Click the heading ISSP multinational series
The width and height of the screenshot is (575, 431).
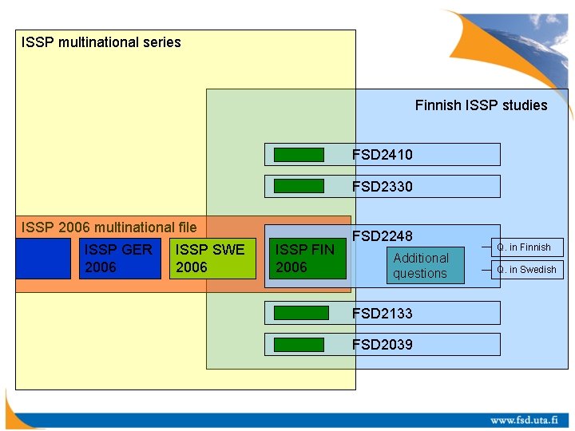(x=101, y=42)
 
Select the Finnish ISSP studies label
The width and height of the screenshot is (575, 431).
(x=481, y=105)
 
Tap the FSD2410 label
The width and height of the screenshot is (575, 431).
(x=382, y=154)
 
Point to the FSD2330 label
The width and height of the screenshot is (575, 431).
(x=382, y=186)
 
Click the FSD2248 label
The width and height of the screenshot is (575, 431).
(x=382, y=236)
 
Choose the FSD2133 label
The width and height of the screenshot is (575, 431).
(x=382, y=313)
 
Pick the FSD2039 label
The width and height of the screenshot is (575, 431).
(x=382, y=344)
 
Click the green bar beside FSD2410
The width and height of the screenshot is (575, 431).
(x=299, y=155)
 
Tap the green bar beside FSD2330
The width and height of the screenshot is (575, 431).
(x=299, y=186)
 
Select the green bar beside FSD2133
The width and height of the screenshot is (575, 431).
(x=300, y=313)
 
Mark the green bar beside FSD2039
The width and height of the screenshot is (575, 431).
(x=299, y=345)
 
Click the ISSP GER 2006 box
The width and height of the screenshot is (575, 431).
(x=120, y=259)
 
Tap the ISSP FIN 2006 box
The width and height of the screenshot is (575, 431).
(x=307, y=259)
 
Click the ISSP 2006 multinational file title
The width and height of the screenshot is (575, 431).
(x=109, y=227)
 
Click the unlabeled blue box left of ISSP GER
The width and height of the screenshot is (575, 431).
(x=43, y=259)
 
